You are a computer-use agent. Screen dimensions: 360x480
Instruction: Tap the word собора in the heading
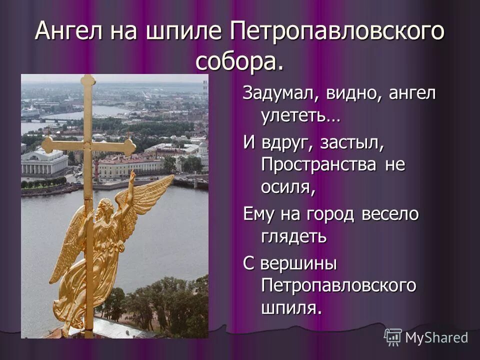pyautogui.click(x=235, y=61)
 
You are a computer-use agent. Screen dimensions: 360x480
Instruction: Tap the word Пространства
pyautogui.click(x=320, y=164)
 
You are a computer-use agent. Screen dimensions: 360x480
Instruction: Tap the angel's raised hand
pyautogui.click(x=131, y=176)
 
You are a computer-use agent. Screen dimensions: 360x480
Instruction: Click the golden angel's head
pyautogui.click(x=105, y=207)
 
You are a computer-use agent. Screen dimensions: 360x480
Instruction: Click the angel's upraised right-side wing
pyautogui.click(x=150, y=195)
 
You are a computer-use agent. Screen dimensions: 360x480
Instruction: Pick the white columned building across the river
pyautogui.click(x=44, y=162)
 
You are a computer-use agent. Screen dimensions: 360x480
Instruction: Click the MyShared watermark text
pyautogui.click(x=436, y=337)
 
